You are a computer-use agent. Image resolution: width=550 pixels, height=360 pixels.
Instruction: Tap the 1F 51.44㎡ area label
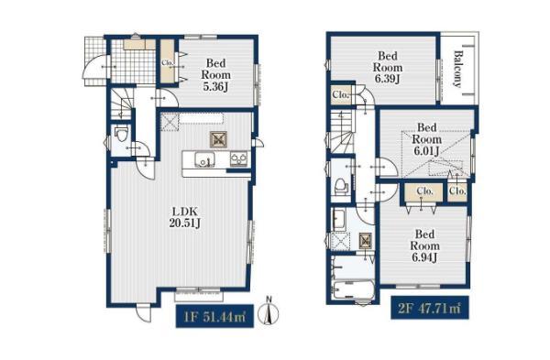(214, 316)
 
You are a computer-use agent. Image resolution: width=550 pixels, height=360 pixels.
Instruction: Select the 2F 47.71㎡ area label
(430, 308)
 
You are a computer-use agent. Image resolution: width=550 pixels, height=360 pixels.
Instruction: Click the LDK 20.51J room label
(184, 217)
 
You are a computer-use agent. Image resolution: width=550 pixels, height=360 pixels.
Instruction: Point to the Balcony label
(457, 69)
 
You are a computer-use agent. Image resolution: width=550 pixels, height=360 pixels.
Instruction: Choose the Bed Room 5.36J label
(215, 75)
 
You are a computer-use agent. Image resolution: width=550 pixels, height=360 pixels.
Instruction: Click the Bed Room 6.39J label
(388, 67)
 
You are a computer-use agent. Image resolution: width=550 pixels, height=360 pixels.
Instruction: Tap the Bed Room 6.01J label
(426, 139)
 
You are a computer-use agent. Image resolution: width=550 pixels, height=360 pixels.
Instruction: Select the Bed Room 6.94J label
(424, 245)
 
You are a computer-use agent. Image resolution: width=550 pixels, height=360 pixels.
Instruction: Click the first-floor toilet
(121, 134)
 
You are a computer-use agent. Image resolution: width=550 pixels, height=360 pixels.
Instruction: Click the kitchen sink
(204, 159)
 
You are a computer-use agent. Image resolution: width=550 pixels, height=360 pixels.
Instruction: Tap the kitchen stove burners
(239, 159)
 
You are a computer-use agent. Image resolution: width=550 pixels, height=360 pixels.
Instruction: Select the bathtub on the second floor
(352, 290)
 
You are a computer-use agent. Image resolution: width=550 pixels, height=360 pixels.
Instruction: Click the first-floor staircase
(123, 104)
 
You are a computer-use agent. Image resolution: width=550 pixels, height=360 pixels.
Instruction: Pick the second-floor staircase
(342, 132)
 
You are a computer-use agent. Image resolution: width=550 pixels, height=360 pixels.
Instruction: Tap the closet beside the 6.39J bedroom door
(341, 94)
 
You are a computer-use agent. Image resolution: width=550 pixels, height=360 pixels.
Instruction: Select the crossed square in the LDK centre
(218, 139)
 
